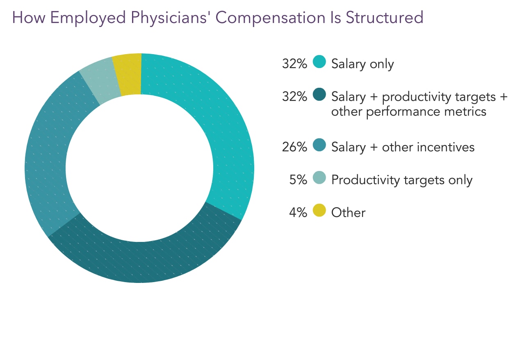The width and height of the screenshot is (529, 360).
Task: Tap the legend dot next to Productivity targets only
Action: (319, 178)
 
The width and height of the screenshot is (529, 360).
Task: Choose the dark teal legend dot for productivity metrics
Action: (319, 95)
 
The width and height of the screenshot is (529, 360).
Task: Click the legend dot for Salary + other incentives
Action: (319, 145)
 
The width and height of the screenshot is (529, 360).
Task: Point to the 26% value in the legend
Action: (294, 147)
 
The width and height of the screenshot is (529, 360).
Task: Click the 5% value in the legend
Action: (298, 180)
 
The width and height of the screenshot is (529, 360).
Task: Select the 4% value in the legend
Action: (298, 212)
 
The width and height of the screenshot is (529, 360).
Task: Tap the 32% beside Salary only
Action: (294, 64)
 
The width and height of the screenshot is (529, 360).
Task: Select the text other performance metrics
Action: (408, 112)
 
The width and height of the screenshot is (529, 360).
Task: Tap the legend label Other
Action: (348, 212)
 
